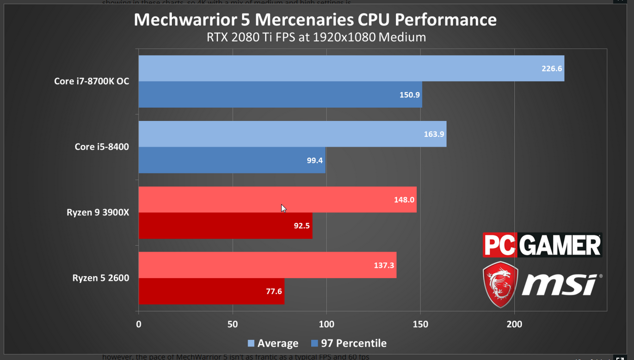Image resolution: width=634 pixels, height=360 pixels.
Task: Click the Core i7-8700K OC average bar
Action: pyautogui.click(x=324, y=68)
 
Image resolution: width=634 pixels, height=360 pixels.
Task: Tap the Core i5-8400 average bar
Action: pyautogui.click(x=277, y=134)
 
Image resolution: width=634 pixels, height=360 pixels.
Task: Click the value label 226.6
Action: pyautogui.click(x=552, y=68)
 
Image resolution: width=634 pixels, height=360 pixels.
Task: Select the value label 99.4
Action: pyautogui.click(x=315, y=161)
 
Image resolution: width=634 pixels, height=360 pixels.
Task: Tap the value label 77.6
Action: pyautogui.click(x=274, y=292)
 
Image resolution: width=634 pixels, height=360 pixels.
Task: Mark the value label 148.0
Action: pyautogui.click(x=404, y=200)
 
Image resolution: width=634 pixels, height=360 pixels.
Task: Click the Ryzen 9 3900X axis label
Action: pyautogui.click(x=98, y=213)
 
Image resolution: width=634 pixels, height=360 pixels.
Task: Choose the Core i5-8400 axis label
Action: pyautogui.click(x=102, y=147)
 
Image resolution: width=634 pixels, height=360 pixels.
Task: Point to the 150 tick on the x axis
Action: pyautogui.click(x=420, y=324)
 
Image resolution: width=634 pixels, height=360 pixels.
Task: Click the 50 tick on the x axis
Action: pyautogui.click(x=233, y=324)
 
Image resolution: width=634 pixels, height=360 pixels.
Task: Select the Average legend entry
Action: pyautogui.click(x=273, y=343)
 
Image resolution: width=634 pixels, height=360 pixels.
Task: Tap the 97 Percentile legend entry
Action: pyautogui.click(x=349, y=343)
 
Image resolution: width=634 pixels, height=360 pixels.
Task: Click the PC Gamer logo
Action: pyautogui.click(x=542, y=245)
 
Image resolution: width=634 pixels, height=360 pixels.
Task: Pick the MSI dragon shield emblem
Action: pyautogui.click(x=500, y=284)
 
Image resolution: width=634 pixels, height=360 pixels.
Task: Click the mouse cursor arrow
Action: pyautogui.click(x=283, y=208)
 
